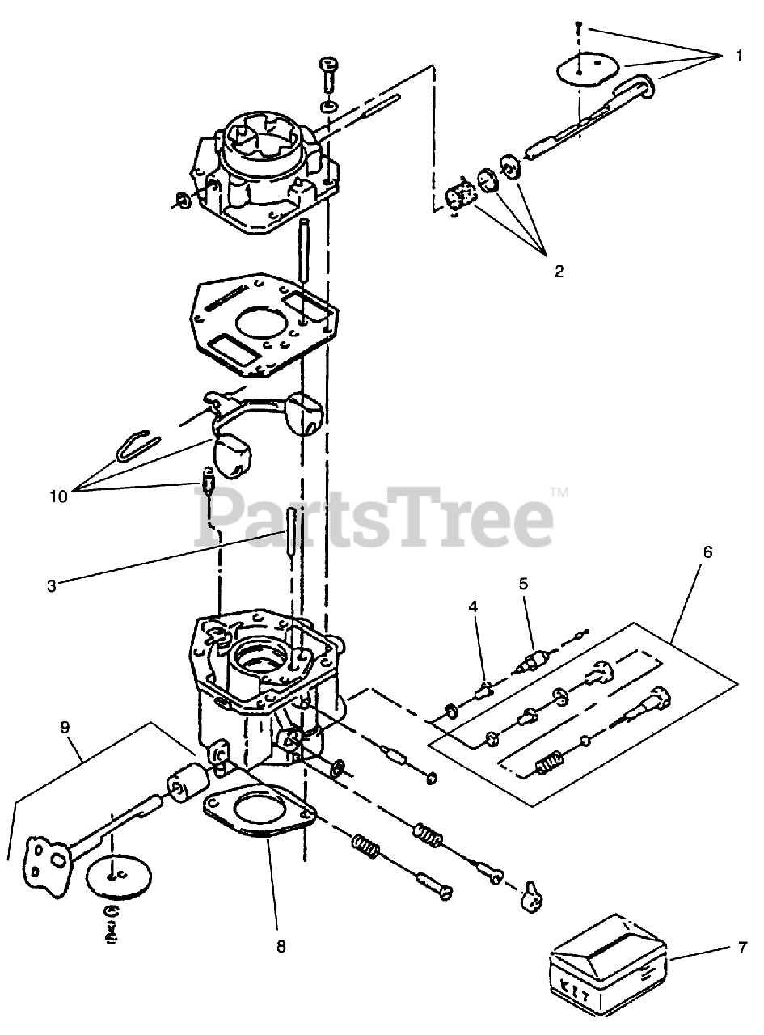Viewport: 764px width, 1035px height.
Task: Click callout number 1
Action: click(739, 56)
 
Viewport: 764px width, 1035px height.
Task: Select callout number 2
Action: click(559, 271)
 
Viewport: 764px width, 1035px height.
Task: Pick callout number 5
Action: click(523, 582)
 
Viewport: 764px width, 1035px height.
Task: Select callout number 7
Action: click(743, 948)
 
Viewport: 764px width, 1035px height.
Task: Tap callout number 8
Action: click(281, 946)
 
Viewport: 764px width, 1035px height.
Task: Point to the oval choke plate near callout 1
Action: click(588, 68)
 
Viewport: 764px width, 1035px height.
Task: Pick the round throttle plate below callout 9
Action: click(118, 873)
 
